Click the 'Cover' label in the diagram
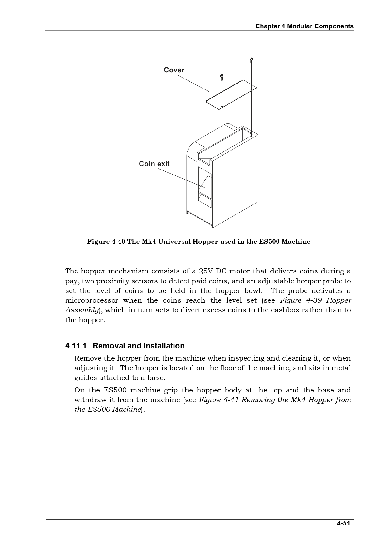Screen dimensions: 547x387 tap(174, 70)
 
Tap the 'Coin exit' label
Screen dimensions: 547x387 tap(154, 164)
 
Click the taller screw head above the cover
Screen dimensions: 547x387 tap(251, 59)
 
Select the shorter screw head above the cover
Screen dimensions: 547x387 tap(222, 75)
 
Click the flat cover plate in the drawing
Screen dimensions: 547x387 tap(231, 94)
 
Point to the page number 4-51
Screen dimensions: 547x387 tap(343, 523)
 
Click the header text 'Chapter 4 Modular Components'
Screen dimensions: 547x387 tap(304, 26)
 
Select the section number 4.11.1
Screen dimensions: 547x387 tap(76, 346)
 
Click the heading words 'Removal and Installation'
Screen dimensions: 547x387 tap(139, 346)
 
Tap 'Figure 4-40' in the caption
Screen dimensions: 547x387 tap(106, 242)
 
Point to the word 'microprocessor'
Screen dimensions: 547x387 tap(92, 300)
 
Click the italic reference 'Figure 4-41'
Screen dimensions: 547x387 tap(219, 400)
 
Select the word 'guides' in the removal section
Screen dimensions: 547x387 tap(85, 378)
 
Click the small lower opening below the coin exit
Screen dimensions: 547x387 tap(205, 199)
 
